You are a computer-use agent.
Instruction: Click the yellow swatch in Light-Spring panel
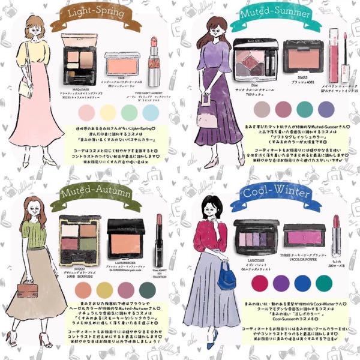tap(109, 112)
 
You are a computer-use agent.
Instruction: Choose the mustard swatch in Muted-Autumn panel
tap(107, 291)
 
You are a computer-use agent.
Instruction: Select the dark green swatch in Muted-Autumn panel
tap(153, 291)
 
